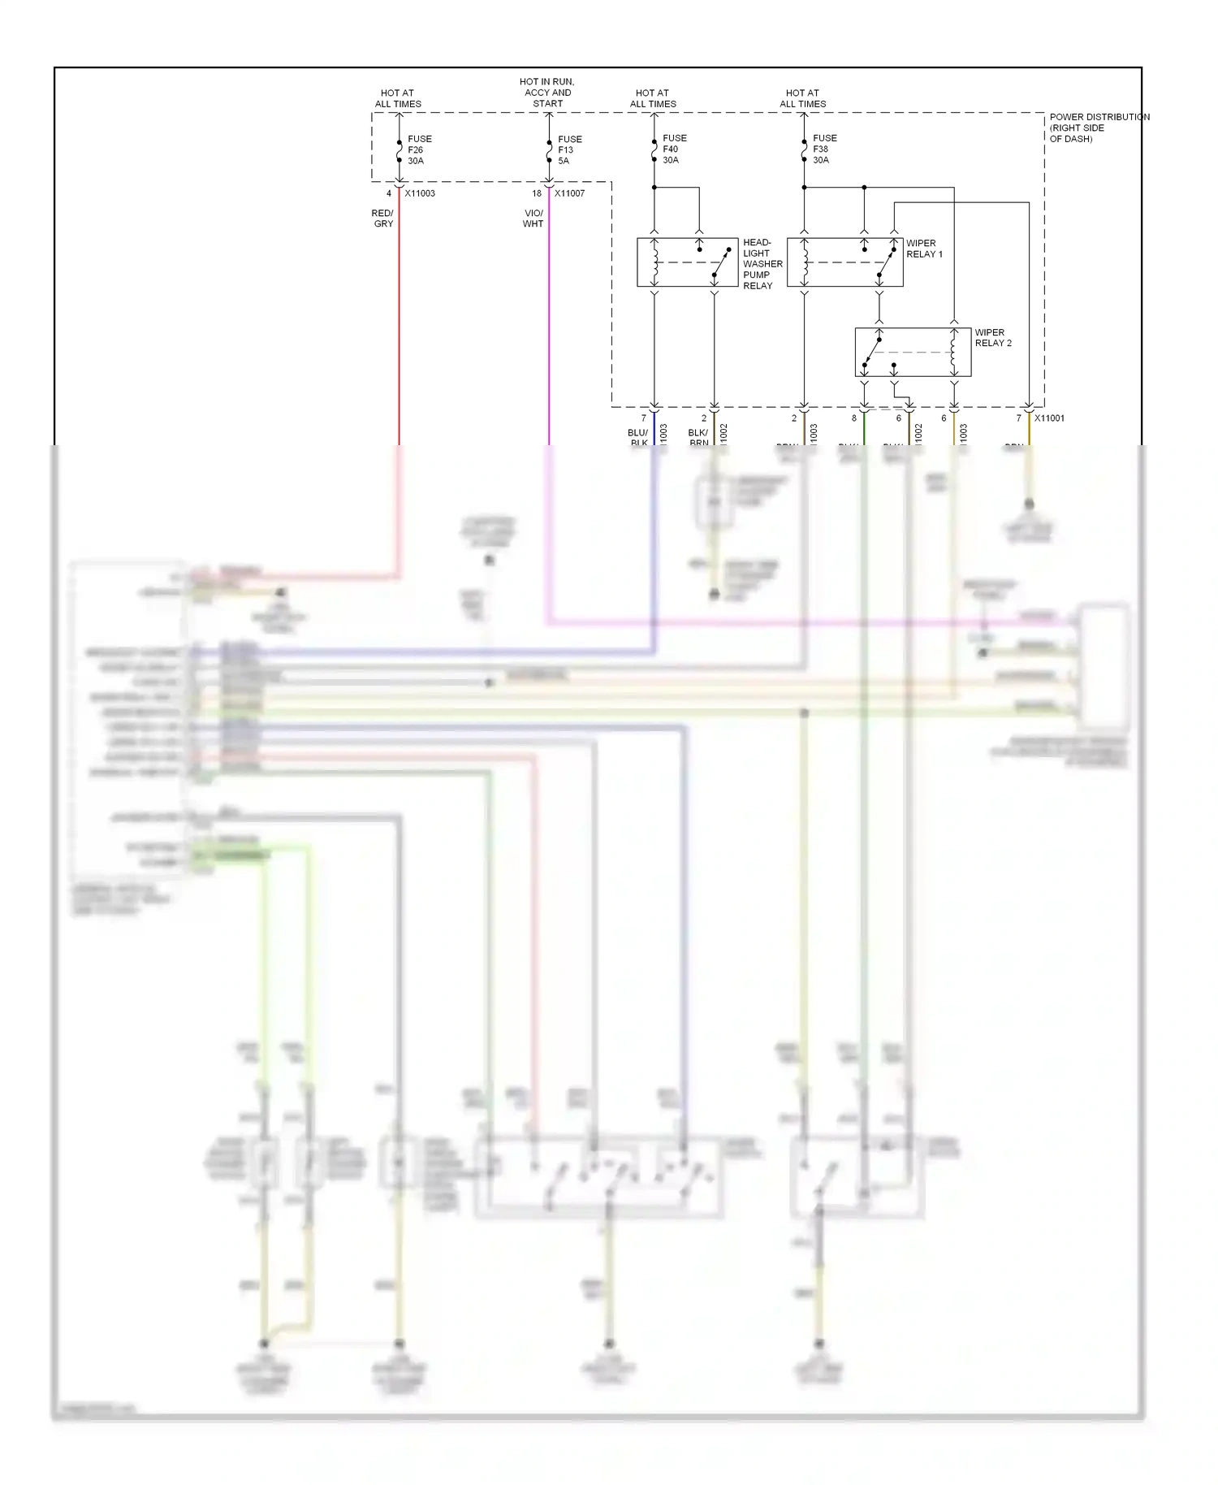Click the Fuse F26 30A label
click(x=419, y=150)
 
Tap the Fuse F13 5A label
click(x=569, y=150)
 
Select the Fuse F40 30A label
click(x=674, y=149)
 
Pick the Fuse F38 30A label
click(x=824, y=149)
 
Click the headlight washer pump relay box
click(x=687, y=262)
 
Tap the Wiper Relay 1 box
click(x=844, y=262)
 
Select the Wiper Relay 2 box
click(x=913, y=353)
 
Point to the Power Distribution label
click(x=1099, y=128)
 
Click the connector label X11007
click(x=569, y=193)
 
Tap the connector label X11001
click(x=1049, y=418)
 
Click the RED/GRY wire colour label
click(x=383, y=219)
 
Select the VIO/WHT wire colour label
click(x=533, y=219)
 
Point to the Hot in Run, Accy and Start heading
click(x=547, y=93)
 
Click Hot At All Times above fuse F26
click(x=398, y=98)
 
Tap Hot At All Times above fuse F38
click(x=802, y=98)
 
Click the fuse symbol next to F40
click(x=654, y=149)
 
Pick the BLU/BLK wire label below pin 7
click(x=638, y=438)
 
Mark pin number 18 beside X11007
click(x=537, y=193)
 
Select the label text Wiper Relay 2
click(x=993, y=338)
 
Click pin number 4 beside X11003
click(x=389, y=193)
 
